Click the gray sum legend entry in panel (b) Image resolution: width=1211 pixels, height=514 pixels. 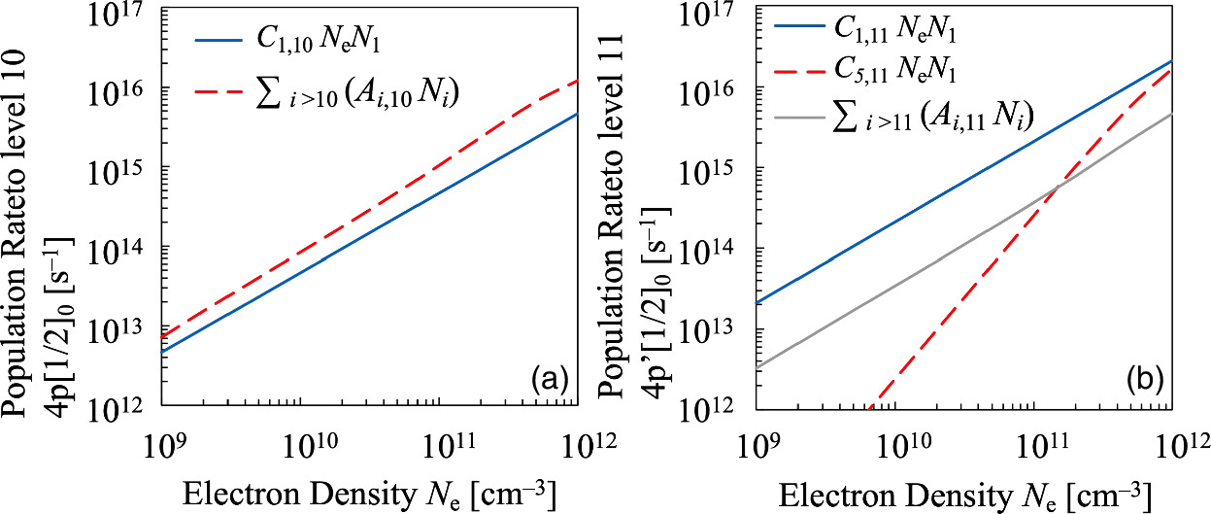pos(932,117)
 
